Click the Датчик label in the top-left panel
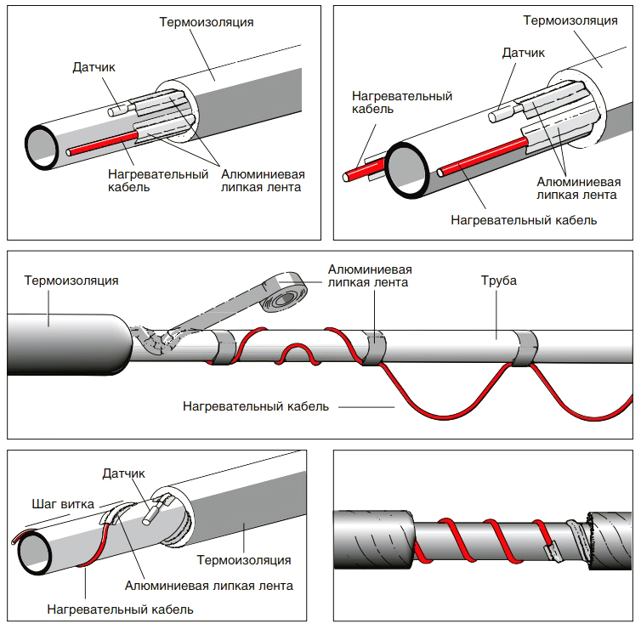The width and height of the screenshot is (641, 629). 94,67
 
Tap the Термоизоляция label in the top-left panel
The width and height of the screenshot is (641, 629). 207,22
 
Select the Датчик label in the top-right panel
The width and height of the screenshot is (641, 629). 524,53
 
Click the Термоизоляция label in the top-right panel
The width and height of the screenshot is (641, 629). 570,20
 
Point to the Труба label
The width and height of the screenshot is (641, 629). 499,280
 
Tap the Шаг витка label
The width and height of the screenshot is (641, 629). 63,504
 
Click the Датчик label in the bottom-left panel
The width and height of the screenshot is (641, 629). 123,473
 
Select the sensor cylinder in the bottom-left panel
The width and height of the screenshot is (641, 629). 150,514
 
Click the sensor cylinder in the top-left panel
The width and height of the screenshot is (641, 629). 119,110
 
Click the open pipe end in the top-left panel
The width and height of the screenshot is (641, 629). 42,147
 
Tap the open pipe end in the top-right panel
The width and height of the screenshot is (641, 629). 407,171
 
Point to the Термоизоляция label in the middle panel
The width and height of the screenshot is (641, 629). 71,280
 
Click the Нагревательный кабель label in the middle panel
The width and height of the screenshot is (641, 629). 256,406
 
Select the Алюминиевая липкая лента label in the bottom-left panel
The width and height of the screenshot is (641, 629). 209,586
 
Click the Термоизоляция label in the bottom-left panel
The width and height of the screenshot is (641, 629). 244,560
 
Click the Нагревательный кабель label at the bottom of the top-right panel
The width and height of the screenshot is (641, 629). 524,220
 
